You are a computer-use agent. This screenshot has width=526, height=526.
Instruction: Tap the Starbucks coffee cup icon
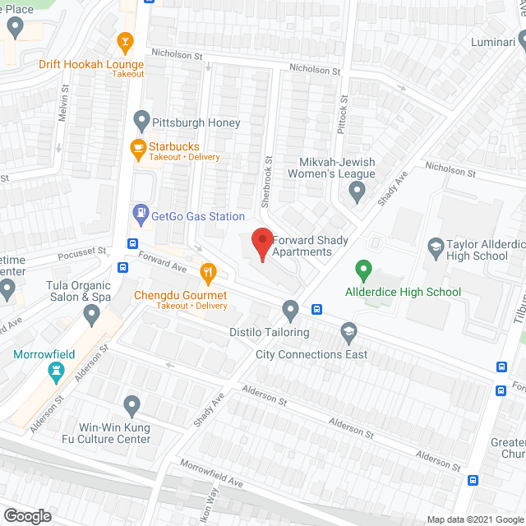click(x=139, y=148)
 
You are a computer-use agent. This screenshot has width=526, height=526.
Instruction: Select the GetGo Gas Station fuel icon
click(x=141, y=215)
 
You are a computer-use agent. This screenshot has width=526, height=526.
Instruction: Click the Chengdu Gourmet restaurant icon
click(x=209, y=271)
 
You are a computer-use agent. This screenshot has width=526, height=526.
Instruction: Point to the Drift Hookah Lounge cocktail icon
click(x=126, y=40)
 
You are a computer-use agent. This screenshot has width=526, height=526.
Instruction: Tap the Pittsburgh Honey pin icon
click(x=141, y=122)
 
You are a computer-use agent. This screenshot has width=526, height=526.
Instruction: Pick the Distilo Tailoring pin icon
click(x=289, y=310)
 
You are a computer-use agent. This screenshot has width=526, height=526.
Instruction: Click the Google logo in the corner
click(x=26, y=516)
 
